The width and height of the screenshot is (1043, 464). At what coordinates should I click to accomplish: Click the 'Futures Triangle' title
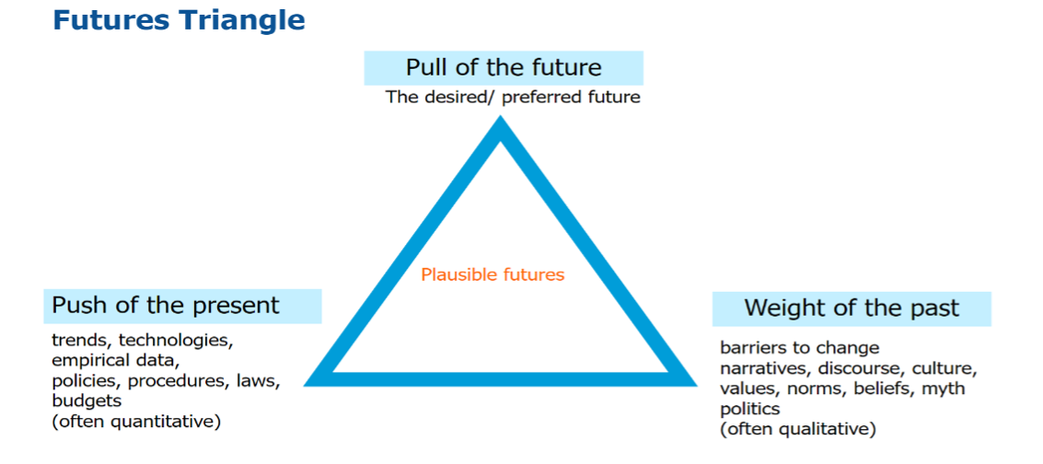point(179,20)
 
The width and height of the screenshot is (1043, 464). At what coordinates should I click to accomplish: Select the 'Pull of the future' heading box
point(504,68)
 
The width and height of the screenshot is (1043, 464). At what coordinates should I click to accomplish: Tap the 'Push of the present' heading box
point(183,306)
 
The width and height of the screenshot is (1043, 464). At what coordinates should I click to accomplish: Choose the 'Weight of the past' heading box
point(852,308)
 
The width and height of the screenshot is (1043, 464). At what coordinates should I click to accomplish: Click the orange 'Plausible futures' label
point(493,274)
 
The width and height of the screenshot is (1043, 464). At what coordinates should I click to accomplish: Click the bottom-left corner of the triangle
point(305,385)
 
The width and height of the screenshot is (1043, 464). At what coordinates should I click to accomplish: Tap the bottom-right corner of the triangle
point(697,385)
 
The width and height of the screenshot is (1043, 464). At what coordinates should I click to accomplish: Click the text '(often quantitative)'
point(136,423)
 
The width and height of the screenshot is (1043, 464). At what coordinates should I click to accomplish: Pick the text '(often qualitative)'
point(798,429)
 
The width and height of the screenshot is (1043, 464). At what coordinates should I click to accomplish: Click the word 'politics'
point(750,409)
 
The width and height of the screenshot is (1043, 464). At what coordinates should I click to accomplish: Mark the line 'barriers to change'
point(800,348)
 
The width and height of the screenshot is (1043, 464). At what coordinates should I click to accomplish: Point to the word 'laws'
point(262,381)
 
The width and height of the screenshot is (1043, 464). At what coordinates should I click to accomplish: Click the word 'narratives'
point(764,368)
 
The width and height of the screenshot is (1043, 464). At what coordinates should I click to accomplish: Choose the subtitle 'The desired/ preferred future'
point(513,98)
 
